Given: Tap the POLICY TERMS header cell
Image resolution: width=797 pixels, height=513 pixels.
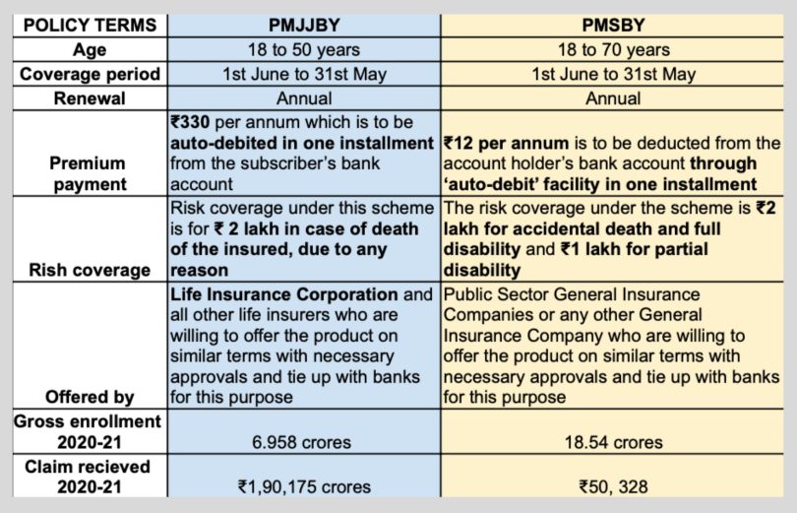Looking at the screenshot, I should (x=90, y=24).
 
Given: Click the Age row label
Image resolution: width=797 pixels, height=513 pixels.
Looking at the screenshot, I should (x=90, y=49).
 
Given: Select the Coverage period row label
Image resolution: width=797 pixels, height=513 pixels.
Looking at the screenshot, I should (x=90, y=74).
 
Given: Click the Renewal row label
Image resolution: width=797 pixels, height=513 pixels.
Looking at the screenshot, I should (x=90, y=98).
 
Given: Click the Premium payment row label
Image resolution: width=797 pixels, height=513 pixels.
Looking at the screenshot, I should (x=90, y=173).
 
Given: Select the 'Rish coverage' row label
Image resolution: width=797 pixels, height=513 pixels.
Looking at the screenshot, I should (x=90, y=270).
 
